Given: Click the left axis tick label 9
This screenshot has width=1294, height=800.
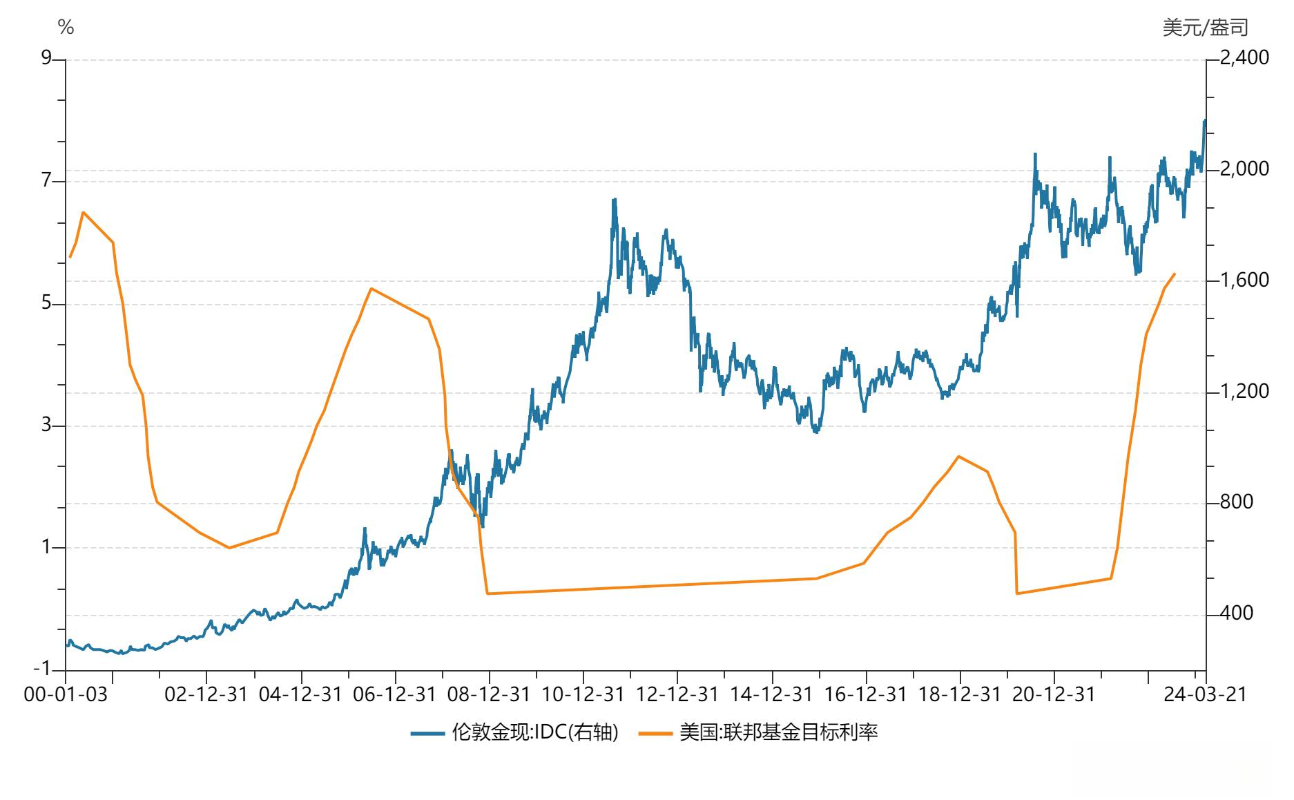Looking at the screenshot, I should (x=47, y=58).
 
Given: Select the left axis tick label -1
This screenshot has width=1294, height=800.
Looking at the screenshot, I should (x=43, y=668).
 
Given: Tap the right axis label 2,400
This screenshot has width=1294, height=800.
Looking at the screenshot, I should (x=1244, y=57).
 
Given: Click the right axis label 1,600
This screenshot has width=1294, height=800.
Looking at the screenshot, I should (x=1244, y=280).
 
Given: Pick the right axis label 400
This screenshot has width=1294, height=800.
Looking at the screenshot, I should (x=1236, y=613).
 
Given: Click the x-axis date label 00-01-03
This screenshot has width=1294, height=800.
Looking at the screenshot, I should (x=66, y=694).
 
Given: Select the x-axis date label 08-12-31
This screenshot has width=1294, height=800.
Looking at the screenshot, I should (x=489, y=694).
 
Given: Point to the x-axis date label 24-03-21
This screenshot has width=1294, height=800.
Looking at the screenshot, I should (x=1205, y=694).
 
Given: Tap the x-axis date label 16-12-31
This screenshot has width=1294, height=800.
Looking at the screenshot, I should (x=866, y=694).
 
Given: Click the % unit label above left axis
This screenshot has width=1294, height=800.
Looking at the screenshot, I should (x=66, y=28).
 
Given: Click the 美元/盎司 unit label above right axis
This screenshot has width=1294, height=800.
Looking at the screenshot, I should (x=1206, y=28).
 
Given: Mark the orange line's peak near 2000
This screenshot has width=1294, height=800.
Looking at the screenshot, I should (x=84, y=212).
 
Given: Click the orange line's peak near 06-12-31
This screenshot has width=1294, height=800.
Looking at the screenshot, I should (x=371, y=289).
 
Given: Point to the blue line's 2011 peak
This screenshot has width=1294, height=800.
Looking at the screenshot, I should (x=614, y=200).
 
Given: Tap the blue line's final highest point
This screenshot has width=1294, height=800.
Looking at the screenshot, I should (x=1205, y=120).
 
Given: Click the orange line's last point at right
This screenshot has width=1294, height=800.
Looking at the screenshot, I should (x=1175, y=274).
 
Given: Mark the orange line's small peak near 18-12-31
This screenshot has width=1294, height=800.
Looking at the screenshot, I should (x=958, y=456).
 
